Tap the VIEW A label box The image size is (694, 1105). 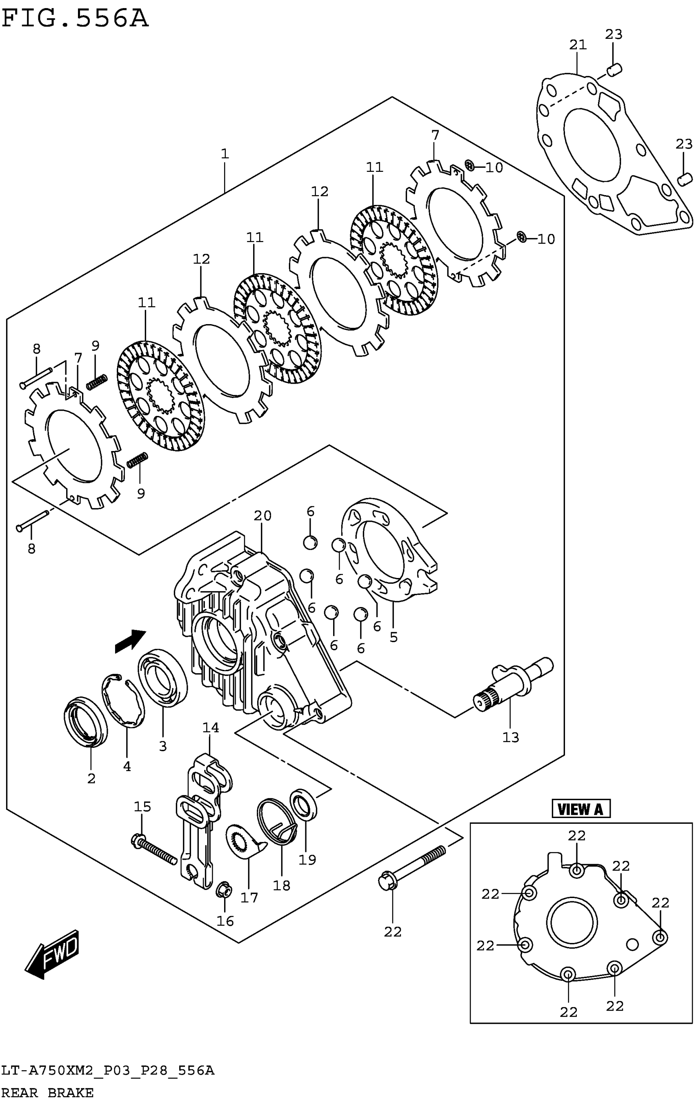tap(581, 809)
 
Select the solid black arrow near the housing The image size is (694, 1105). tap(130, 641)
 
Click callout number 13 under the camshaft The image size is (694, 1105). tap(510, 738)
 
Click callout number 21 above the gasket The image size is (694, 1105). tap(578, 45)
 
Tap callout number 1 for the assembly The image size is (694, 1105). tap(225, 154)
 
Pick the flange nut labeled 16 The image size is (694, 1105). tap(224, 891)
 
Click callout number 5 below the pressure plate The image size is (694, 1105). tap(394, 637)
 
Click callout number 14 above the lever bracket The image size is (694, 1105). tap(211, 728)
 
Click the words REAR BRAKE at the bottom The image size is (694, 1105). tap(48, 1093)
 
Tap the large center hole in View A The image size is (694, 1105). tap(572, 923)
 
